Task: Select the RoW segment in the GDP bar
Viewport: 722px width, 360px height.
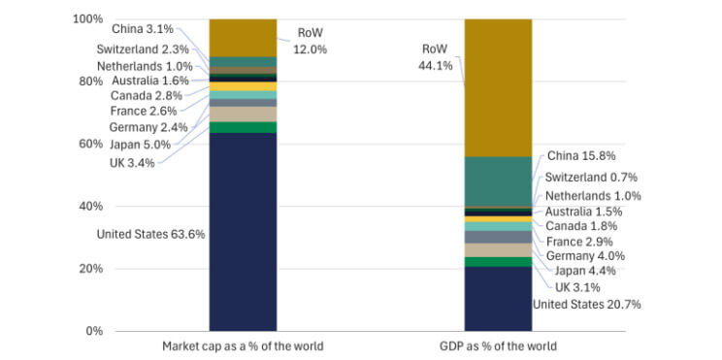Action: point(499,87)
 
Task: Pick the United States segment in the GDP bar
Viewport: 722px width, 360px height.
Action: point(499,298)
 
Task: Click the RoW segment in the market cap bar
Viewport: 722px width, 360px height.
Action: point(243,38)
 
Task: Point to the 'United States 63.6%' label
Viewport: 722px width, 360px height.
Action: point(150,234)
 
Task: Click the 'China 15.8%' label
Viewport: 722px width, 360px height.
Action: point(581,154)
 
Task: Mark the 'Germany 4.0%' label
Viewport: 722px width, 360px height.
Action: point(585,256)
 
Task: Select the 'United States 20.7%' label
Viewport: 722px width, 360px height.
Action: point(586,304)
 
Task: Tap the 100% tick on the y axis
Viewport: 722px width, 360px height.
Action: point(87,19)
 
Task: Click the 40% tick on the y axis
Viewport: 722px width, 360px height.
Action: point(90,206)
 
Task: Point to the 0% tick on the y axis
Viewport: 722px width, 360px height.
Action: point(93,331)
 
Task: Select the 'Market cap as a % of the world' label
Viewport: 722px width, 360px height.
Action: point(243,346)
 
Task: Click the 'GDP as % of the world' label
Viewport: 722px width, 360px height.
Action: point(499,346)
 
